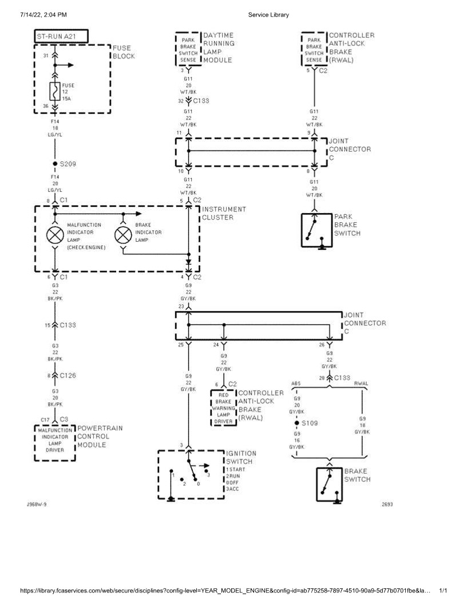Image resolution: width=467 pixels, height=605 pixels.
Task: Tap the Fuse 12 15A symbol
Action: pyautogui.click(x=55, y=91)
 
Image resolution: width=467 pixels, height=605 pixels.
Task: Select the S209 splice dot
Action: pyautogui.click(x=55, y=164)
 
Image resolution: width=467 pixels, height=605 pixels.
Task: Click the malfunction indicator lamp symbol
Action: pyautogui.click(x=55, y=235)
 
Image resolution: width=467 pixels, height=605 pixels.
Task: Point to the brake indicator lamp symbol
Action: pyautogui.click(x=123, y=235)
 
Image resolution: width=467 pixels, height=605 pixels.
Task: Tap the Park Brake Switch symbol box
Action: pyautogui.click(x=316, y=230)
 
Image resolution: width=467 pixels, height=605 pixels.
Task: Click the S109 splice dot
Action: pyautogui.click(x=296, y=423)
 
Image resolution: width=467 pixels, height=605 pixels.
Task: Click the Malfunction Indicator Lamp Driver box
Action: pyautogui.click(x=55, y=440)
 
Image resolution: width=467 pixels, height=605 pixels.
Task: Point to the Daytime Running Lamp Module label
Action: pyautogui.click(x=219, y=47)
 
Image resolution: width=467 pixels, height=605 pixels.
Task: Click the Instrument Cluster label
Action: pyautogui.click(x=224, y=213)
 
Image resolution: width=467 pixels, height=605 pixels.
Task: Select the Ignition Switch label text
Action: pyautogui.click(x=241, y=457)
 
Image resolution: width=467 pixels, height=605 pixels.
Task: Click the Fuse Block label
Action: pyautogui.click(x=124, y=52)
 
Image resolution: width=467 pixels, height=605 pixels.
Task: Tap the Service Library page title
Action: pyautogui.click(x=268, y=14)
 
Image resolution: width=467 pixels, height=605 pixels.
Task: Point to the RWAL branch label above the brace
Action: pyautogui.click(x=361, y=383)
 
